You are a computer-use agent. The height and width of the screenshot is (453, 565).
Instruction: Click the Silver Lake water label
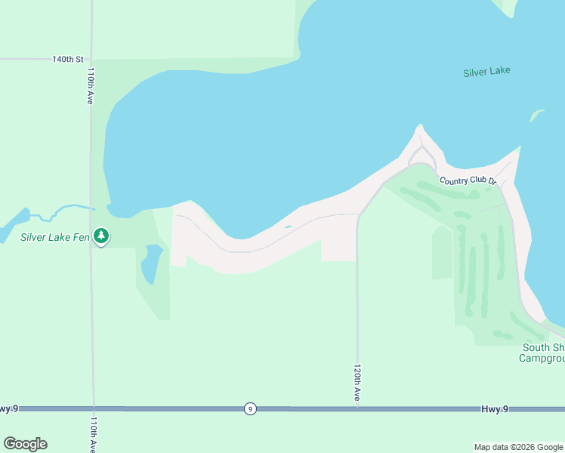(x=486, y=72)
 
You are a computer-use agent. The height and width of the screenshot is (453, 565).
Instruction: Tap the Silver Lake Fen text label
(x=55, y=237)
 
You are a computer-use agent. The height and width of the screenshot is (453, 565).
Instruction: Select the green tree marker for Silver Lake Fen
(x=101, y=236)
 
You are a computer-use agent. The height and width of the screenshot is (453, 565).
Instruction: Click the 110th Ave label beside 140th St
(x=91, y=85)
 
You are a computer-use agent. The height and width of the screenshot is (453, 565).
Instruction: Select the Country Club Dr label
(x=468, y=181)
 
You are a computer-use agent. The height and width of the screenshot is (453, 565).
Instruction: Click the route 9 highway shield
(x=250, y=408)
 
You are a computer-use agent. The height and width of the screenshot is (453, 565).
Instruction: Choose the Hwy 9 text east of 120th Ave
(x=495, y=408)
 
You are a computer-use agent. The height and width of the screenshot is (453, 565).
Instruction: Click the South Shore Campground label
(x=542, y=353)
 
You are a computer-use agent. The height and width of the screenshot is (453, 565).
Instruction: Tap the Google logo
(x=26, y=444)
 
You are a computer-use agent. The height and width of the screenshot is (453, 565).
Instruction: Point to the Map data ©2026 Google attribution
(x=518, y=447)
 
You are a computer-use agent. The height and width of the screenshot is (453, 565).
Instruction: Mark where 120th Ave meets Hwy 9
(x=357, y=408)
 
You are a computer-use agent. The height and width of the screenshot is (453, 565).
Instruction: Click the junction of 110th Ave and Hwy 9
(x=94, y=408)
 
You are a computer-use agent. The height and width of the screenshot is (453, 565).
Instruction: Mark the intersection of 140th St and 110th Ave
(x=91, y=58)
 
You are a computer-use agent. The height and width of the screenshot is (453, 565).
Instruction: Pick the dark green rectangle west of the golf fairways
(x=442, y=253)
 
